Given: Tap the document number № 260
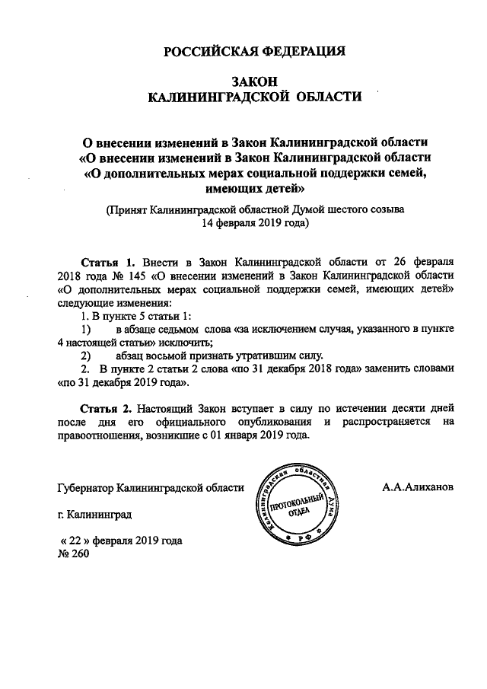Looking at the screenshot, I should (74, 554).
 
